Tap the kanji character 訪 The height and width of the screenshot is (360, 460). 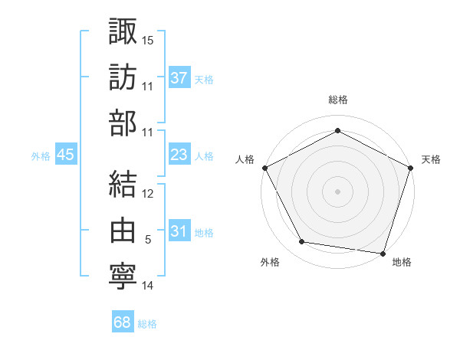(123, 77)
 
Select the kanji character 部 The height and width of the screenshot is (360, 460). (123, 124)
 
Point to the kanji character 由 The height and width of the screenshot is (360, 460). (123, 231)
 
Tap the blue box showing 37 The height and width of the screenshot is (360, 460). (179, 78)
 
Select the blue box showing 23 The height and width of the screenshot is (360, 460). (179, 155)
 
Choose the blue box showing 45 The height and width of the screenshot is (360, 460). (65, 155)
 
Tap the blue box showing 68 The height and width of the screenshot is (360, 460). (122, 323)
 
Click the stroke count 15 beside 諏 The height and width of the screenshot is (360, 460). (148, 39)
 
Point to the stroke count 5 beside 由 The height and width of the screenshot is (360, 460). (148, 240)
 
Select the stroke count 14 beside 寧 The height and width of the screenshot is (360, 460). (148, 286)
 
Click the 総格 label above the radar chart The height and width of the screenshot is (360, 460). (338, 100)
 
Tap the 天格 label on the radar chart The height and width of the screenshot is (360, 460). (431, 159)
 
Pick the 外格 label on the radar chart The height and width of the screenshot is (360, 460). (270, 262)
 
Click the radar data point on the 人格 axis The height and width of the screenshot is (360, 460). (265, 167)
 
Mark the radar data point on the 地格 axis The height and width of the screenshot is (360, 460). (383, 253)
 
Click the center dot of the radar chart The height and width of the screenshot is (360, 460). (337, 190)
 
